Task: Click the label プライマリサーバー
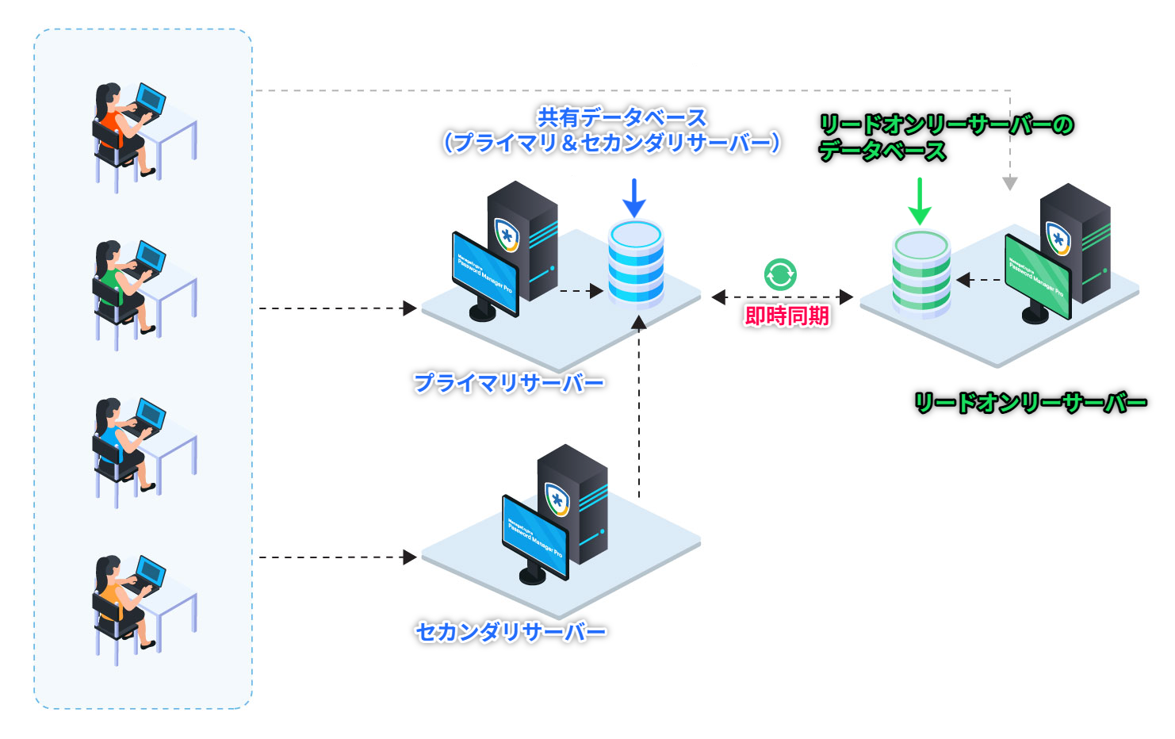tap(509, 384)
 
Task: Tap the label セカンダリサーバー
tap(511, 632)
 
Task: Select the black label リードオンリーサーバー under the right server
tap(1031, 403)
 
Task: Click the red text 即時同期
tap(787, 316)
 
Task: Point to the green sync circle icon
tap(780, 274)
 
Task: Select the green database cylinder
tap(920, 274)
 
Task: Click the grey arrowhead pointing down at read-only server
tap(1009, 184)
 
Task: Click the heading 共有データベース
tap(622, 118)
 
